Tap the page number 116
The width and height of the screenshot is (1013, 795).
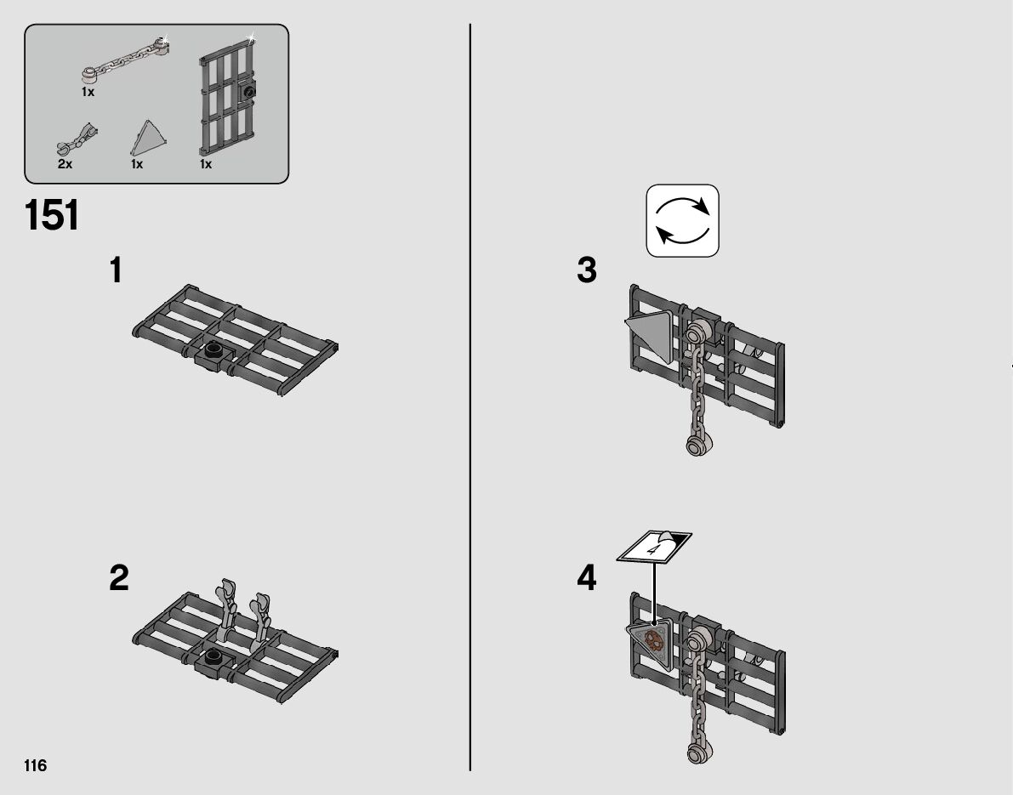click(x=36, y=765)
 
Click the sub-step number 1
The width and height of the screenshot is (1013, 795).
click(x=117, y=270)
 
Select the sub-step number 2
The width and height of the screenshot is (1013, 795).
click(x=119, y=577)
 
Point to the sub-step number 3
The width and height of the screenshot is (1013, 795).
click(x=587, y=270)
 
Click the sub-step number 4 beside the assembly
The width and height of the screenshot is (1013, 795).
click(x=587, y=577)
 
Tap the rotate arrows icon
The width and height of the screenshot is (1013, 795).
click(x=682, y=221)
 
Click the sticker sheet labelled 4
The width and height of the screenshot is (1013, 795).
click(x=654, y=547)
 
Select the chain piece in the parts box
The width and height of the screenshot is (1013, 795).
click(x=125, y=60)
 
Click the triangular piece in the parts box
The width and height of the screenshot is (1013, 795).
click(x=149, y=137)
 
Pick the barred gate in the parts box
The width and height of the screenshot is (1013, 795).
click(x=228, y=97)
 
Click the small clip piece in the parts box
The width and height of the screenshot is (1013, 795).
click(x=77, y=139)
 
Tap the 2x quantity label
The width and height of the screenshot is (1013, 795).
click(x=65, y=164)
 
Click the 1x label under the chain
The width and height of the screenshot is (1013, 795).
click(x=88, y=93)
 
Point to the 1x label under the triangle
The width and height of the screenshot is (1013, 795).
click(x=137, y=164)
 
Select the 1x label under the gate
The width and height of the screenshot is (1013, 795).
click(x=206, y=164)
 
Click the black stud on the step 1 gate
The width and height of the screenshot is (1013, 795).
click(x=213, y=349)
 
